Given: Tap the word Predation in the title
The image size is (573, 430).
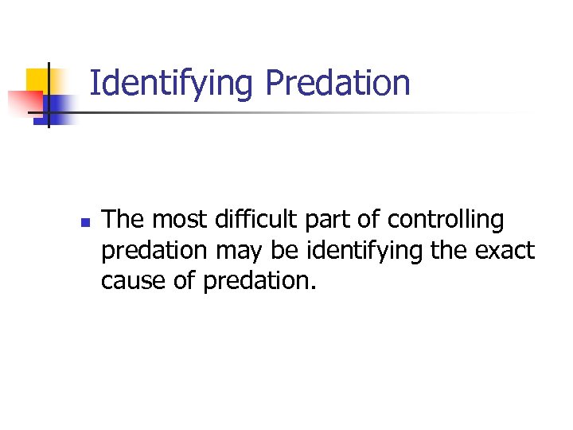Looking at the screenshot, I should coord(337,82).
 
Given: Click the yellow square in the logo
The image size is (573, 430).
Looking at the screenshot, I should coord(40,80).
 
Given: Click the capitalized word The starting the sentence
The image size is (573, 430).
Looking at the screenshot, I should coord(124,219).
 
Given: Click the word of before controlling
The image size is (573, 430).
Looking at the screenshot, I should coord(368,219).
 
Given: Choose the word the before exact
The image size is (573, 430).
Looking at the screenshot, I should coord(451,251).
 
